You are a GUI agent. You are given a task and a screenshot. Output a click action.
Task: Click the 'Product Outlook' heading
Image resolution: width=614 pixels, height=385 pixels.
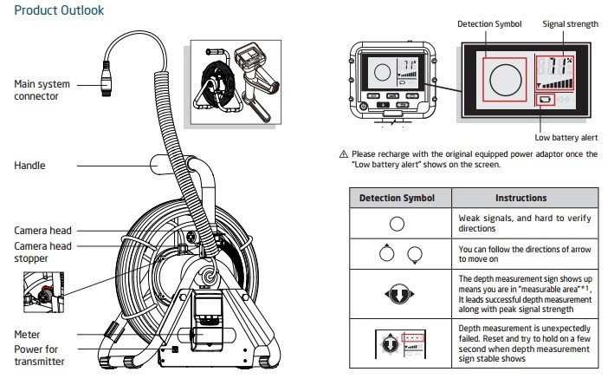coord(59,11)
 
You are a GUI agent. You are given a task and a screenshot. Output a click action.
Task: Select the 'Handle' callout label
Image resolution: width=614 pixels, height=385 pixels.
coord(30,165)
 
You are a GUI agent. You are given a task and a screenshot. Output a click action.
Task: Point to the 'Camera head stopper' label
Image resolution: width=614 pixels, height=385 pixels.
coord(42,251)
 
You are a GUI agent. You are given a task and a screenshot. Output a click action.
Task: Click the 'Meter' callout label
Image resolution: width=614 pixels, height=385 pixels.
coord(29,334)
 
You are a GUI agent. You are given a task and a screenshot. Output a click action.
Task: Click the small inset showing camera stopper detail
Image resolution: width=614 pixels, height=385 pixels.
coord(42,291)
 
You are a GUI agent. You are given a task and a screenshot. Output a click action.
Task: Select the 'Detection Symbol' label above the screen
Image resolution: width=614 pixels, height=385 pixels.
coord(489,24)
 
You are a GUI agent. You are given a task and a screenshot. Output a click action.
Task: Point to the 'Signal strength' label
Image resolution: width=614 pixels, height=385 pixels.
coord(570,24)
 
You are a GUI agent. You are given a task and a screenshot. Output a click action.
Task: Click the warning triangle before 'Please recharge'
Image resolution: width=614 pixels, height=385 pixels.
coord(345,154)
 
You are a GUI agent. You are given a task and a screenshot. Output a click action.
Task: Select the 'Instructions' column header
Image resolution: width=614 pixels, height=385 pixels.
coord(520,198)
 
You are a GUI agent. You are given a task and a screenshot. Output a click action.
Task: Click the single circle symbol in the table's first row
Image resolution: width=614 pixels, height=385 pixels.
coord(397,223)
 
